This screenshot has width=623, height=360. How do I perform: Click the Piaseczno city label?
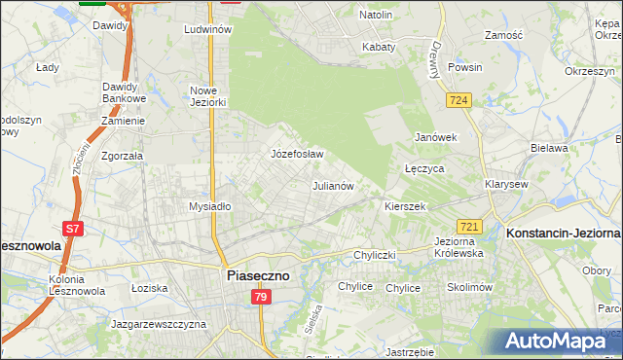tap(257, 275)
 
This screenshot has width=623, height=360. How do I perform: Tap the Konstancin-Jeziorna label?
tap(563, 234)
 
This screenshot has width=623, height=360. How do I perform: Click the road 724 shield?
tap(459, 100)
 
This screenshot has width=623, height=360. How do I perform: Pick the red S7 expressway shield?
tap(73, 230)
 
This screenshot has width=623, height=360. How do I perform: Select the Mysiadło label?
tap(209, 206)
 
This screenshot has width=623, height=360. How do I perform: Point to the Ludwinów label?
tap(207, 30)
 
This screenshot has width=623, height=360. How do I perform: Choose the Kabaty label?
tap(378, 47)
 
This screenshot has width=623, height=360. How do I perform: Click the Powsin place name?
tap(465, 68)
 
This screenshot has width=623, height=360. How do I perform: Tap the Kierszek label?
tap(405, 207)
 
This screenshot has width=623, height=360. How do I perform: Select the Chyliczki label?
tap(377, 255)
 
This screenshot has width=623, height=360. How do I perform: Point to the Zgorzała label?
tap(122, 155)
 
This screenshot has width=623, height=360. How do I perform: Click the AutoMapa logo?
tap(560, 342)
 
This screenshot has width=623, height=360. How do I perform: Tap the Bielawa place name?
tap(549, 148)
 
